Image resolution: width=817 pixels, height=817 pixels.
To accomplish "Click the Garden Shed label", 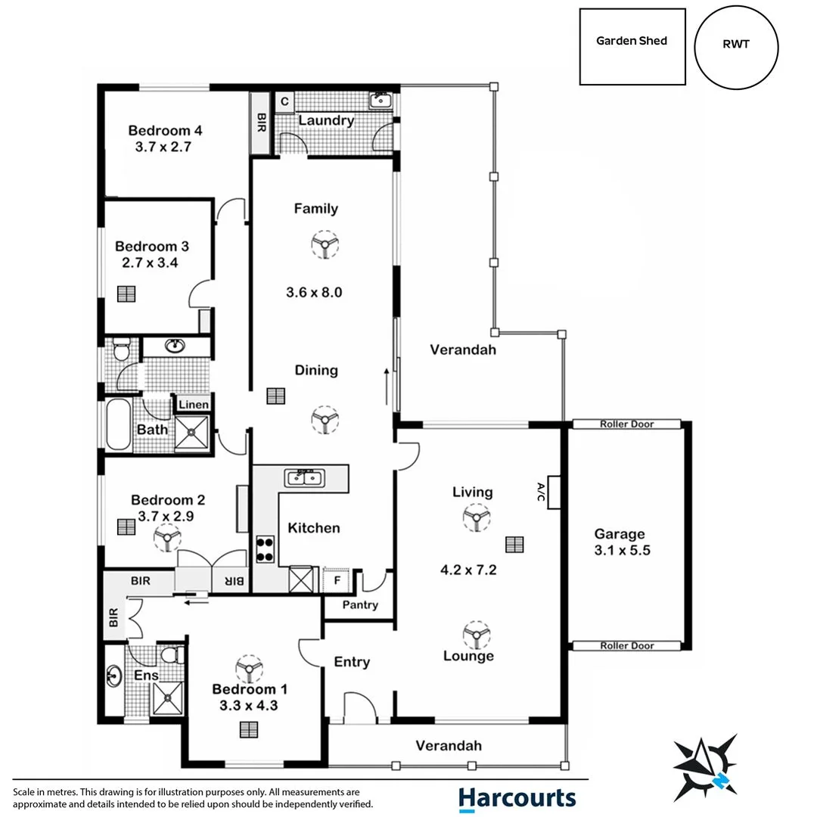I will point(632,41).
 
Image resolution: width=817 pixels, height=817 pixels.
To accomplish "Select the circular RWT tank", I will point(736,45).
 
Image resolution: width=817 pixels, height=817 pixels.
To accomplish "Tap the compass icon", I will point(705,765).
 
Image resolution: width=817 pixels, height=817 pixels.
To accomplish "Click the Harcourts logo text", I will point(517,797).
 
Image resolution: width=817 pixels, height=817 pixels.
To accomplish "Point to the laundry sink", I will point(379,101).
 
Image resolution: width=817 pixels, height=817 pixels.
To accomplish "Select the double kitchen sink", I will point(304,477).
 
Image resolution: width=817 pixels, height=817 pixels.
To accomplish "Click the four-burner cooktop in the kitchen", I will point(266,548).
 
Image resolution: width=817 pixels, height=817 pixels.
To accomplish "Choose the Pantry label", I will point(359,605).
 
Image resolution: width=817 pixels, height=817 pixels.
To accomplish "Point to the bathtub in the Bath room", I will point(118,425).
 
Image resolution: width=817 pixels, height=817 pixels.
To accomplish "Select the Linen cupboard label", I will point(194,405).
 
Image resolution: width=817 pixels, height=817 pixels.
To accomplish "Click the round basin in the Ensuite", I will point(115,673).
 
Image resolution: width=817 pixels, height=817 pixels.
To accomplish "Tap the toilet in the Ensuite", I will point(172,654).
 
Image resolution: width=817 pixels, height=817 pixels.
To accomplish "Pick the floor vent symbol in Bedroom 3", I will point(126,294).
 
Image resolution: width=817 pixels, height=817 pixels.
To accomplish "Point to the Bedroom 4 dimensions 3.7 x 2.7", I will point(163,148).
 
